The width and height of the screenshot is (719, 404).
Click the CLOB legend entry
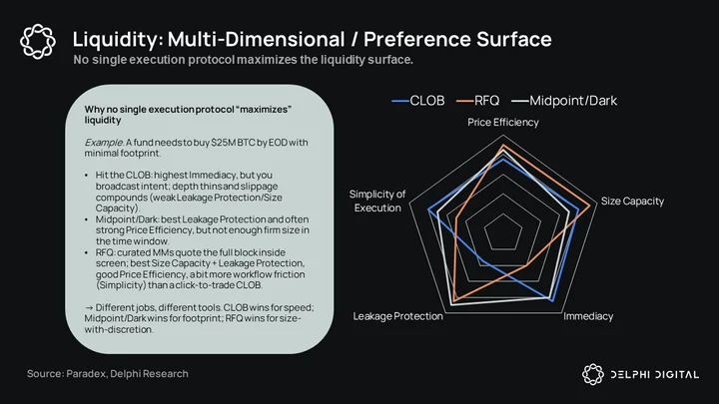[x=418, y=101]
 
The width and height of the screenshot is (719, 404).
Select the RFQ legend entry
[x=477, y=101]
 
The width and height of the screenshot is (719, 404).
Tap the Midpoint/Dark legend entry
[x=564, y=101]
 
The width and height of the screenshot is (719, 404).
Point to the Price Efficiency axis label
[x=503, y=123]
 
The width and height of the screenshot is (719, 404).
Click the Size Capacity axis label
[x=632, y=202]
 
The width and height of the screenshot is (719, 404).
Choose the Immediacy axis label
[x=588, y=316]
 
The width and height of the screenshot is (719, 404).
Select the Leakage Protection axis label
[x=398, y=316]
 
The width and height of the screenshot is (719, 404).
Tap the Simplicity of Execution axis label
[x=377, y=202]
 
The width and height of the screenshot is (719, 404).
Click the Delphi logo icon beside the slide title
[x=38, y=41]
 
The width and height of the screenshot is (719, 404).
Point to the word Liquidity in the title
[x=115, y=39]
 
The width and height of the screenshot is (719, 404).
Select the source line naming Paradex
[x=107, y=374]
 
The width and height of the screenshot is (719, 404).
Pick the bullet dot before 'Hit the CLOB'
[x=87, y=176]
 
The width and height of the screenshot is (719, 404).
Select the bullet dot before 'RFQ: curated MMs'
[x=87, y=252]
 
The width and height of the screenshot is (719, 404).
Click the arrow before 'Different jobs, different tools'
[x=89, y=308]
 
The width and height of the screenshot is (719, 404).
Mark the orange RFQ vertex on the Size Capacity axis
[x=590, y=204]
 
